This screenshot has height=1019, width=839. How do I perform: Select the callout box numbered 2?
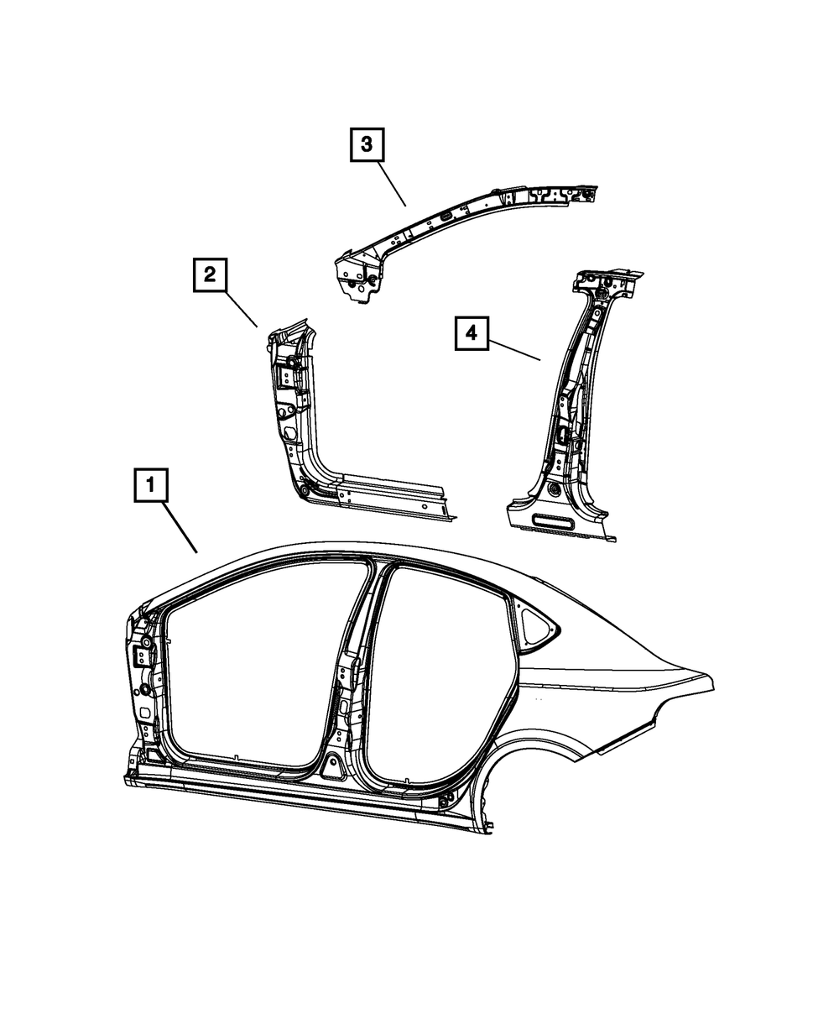tap(210, 274)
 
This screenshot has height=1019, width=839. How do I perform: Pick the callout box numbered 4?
tap(472, 333)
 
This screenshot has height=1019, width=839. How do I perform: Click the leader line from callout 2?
tap(241, 309)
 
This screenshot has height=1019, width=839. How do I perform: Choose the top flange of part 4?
tap(610, 278)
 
